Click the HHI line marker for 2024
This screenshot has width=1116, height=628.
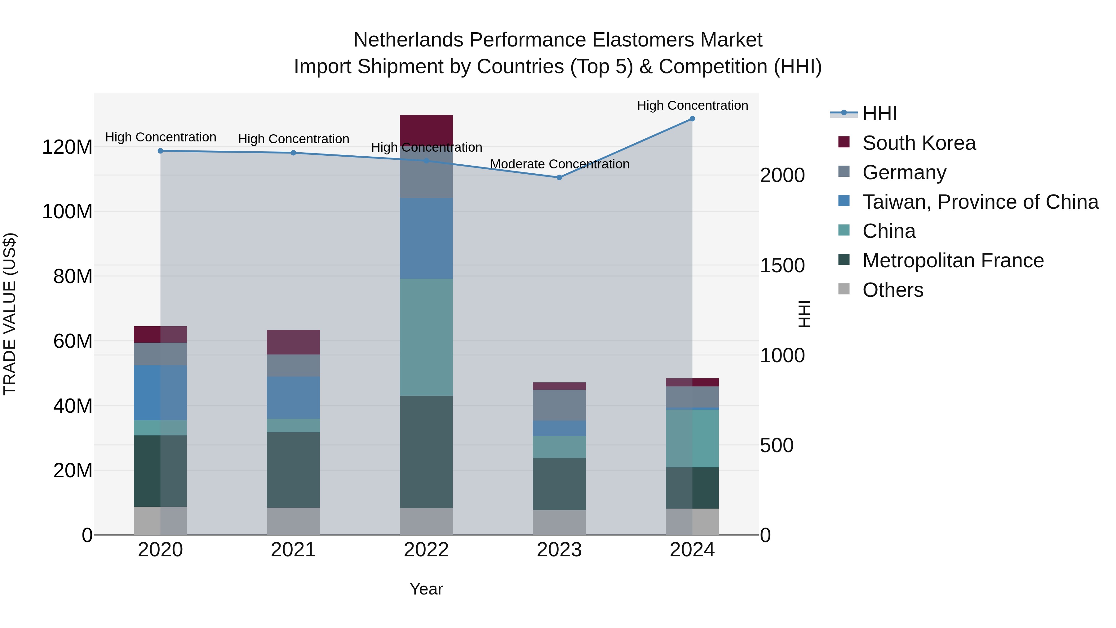coord(692,119)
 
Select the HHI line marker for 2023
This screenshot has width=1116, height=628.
coord(559,177)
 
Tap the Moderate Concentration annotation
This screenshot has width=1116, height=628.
coord(559,164)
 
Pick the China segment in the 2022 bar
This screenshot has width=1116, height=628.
coord(426,337)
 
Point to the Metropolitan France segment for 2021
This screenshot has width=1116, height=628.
coord(293,470)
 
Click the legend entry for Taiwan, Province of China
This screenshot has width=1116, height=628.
coord(980,202)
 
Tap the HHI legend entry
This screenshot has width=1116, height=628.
coord(879,114)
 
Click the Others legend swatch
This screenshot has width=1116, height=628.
coord(844,289)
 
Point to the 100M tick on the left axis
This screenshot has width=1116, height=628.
coord(67,212)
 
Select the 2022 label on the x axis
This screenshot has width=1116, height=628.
coord(426,550)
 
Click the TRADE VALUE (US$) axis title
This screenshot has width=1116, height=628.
coord(10,314)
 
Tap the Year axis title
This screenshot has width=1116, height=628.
coord(426,589)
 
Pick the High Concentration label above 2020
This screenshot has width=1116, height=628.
coord(160,137)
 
